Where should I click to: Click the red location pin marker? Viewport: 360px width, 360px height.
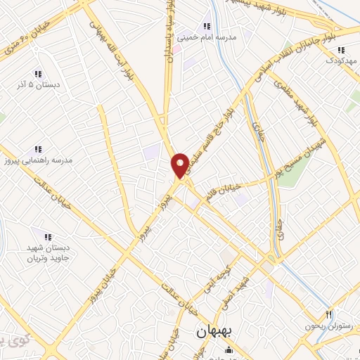click(x=180, y=165)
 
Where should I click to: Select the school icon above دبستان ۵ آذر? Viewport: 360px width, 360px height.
click(x=37, y=74)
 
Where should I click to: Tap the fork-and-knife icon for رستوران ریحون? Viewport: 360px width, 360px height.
click(x=328, y=314)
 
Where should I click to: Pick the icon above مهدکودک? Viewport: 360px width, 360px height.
click(x=341, y=50)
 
